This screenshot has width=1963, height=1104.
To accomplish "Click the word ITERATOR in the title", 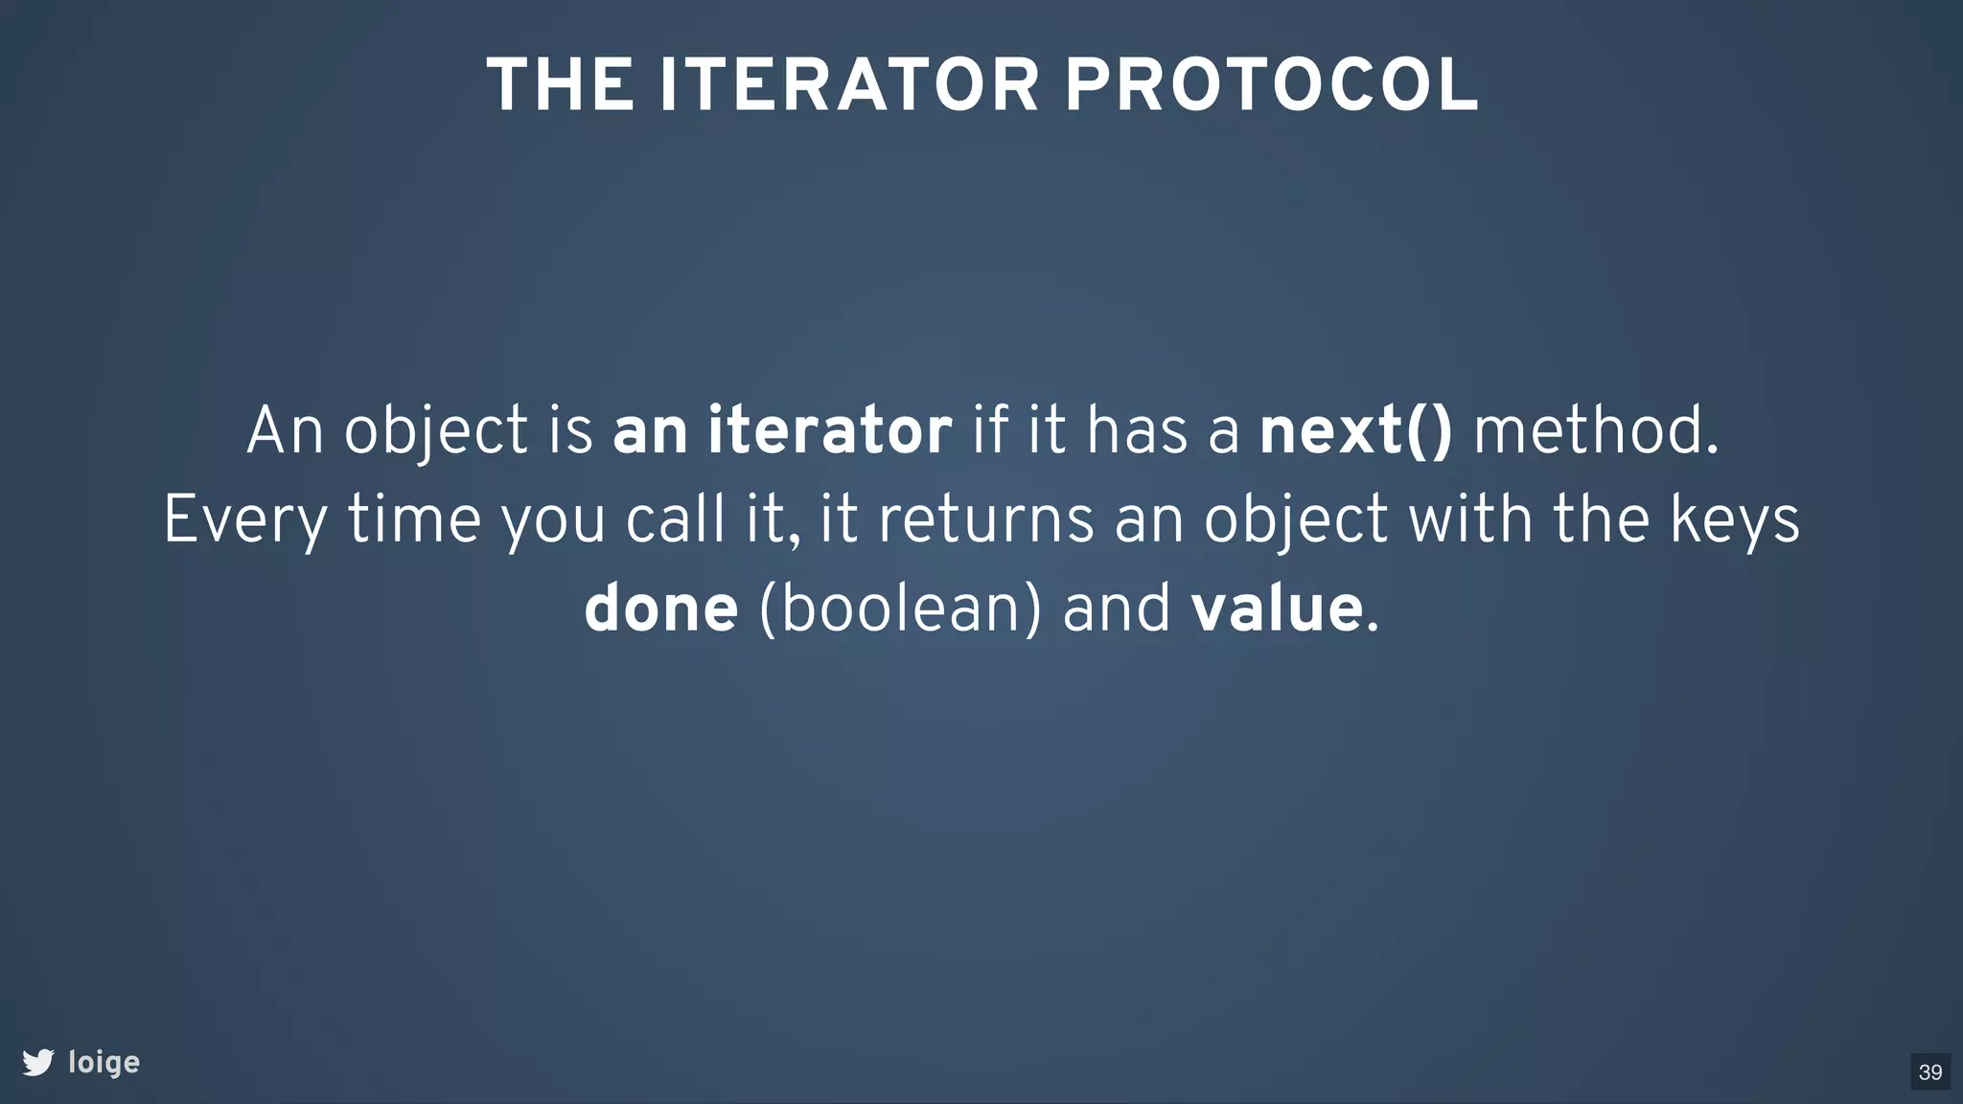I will click(848, 85).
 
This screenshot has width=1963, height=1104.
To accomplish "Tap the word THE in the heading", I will click(560, 85).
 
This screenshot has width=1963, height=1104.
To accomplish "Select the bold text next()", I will click(1355, 430).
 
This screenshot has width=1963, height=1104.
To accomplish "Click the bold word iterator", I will click(829, 430).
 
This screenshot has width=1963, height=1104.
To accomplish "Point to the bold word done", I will click(660, 609).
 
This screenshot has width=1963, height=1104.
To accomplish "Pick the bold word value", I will click(1276, 609).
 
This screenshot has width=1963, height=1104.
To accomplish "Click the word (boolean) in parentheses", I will click(899, 609).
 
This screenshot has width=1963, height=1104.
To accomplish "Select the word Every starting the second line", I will click(245, 521).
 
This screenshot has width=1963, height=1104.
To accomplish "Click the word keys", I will click(1735, 521).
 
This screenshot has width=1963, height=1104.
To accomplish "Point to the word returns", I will click(985, 519).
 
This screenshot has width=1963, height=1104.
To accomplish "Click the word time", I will click(414, 519).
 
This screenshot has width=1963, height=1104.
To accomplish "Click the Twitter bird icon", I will click(38, 1062).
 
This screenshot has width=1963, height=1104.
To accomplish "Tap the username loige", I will click(104, 1063).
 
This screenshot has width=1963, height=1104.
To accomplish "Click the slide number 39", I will click(1929, 1071).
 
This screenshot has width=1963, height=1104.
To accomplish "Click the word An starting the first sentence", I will click(285, 430).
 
